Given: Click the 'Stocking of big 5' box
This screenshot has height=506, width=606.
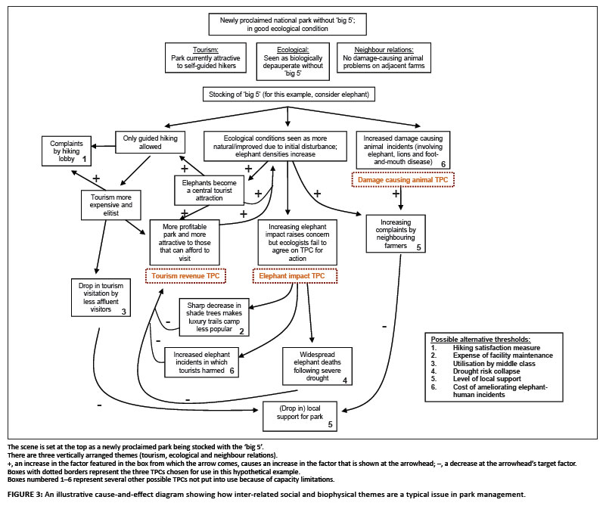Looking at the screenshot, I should click(x=288, y=95).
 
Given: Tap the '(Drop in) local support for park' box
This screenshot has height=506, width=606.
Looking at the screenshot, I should click(x=298, y=416).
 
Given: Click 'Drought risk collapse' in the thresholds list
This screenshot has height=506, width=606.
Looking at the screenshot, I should click(x=490, y=371).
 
